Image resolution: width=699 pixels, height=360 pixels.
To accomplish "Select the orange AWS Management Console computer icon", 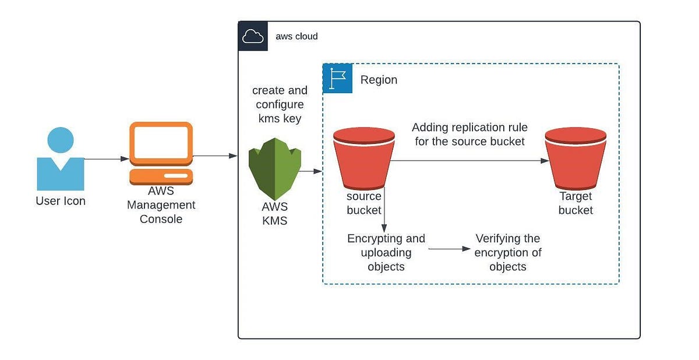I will click(161, 153).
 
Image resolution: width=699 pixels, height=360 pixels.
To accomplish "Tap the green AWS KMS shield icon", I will click(274, 172).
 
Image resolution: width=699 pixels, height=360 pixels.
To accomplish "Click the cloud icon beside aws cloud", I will click(253, 37).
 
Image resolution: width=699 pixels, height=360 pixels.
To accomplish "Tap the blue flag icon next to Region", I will click(338, 79).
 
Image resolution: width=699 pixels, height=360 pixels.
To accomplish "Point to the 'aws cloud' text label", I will click(296, 37).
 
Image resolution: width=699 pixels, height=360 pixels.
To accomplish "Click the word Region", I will click(379, 80).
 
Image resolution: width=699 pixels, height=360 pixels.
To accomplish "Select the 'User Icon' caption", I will click(60, 201).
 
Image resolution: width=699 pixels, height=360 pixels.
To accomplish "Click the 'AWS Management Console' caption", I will click(161, 205).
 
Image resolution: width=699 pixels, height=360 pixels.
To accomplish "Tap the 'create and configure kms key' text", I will click(280, 105).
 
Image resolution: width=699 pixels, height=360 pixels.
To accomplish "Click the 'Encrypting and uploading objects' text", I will click(386, 253).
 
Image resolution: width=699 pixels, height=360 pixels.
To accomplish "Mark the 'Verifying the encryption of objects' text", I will click(507, 253).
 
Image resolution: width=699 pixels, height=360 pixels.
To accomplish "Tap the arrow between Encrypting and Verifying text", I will click(450, 249).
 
